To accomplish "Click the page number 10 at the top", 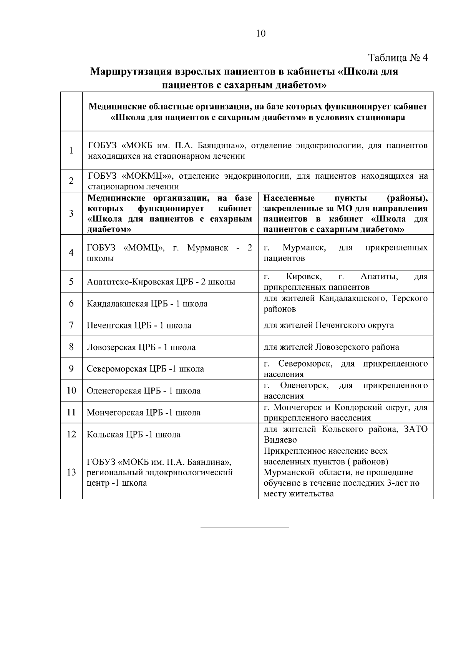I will coord(260,33).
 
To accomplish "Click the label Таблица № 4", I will coord(398,58).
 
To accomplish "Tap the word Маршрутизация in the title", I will coord(131,72).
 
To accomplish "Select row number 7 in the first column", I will coord(71,325).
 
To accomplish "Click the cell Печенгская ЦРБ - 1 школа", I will coord(139,325).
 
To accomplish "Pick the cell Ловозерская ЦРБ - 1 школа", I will coord(141,347).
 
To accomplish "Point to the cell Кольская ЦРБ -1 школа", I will coord(134,435).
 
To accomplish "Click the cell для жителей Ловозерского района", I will coord(331,347).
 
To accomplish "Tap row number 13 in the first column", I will coord(71,472).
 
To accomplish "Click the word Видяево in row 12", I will coord(280,440).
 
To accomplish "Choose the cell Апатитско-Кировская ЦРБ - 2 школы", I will coord(161,282).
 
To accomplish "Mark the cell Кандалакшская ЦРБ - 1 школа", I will coord(147,304).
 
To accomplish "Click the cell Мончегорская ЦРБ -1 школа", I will coord(144,413).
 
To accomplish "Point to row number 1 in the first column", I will coord(71,150).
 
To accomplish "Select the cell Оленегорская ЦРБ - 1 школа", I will coord(144,391).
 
